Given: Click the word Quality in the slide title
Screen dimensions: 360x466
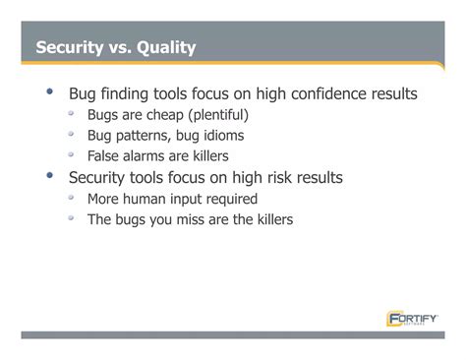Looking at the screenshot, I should point(166,47).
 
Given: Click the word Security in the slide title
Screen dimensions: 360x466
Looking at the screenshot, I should point(68,47).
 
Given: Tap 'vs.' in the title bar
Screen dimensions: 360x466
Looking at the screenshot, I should point(119,47).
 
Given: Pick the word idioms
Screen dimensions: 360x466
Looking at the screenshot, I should point(220,136).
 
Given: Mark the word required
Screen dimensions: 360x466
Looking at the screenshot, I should point(230,199).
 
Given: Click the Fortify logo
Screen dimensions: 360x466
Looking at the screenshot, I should point(412,318).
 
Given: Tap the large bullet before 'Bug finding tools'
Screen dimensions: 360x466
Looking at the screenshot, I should point(48,91).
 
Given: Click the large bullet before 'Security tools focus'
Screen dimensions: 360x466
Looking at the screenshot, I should point(48,176).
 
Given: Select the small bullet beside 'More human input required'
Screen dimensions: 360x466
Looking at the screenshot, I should point(72,197).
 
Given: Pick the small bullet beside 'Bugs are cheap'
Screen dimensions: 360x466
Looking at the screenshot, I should point(72,113).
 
